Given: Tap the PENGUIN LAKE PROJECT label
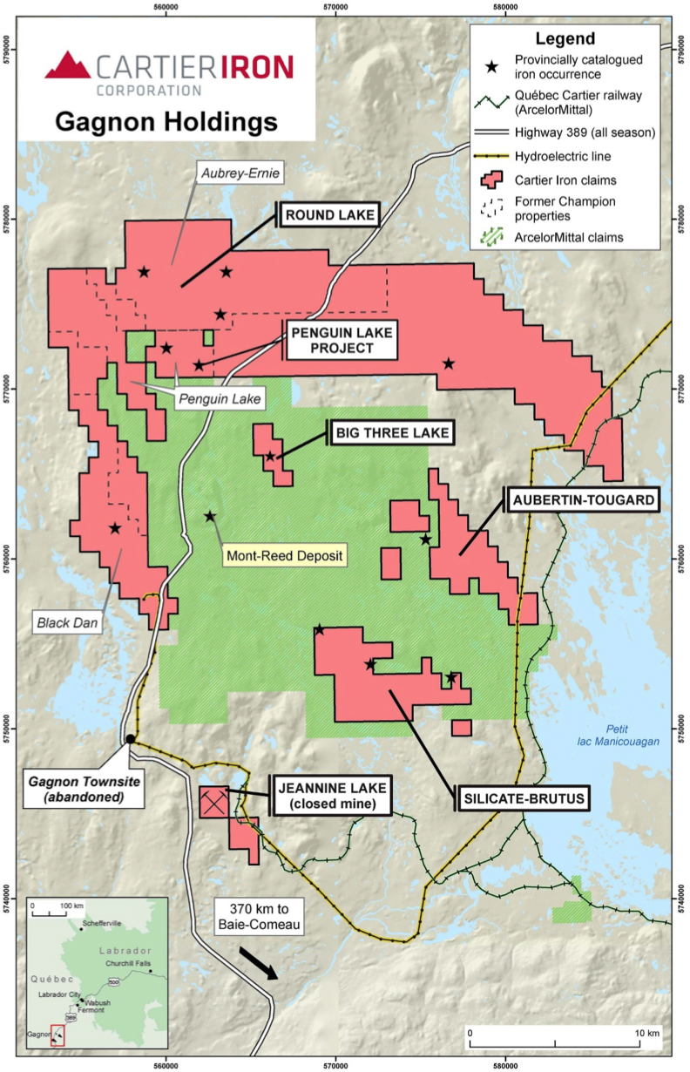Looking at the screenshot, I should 341,340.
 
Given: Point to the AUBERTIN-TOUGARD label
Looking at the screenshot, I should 582,500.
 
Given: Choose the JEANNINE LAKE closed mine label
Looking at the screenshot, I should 330,796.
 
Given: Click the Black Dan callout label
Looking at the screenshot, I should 65,622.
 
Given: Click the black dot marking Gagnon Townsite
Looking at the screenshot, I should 130,739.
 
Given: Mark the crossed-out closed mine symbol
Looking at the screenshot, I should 213,801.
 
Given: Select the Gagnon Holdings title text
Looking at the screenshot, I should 166,121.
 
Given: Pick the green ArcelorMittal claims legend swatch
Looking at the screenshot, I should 492,236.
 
